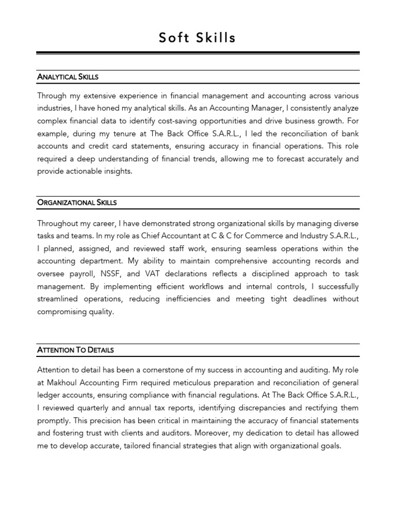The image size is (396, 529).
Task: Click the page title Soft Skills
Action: [197, 37]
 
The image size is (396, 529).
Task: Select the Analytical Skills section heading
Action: [68, 77]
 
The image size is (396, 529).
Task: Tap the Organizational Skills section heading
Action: [77, 203]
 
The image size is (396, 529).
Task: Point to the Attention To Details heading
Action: [75, 350]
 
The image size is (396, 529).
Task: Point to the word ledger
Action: [48, 395]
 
